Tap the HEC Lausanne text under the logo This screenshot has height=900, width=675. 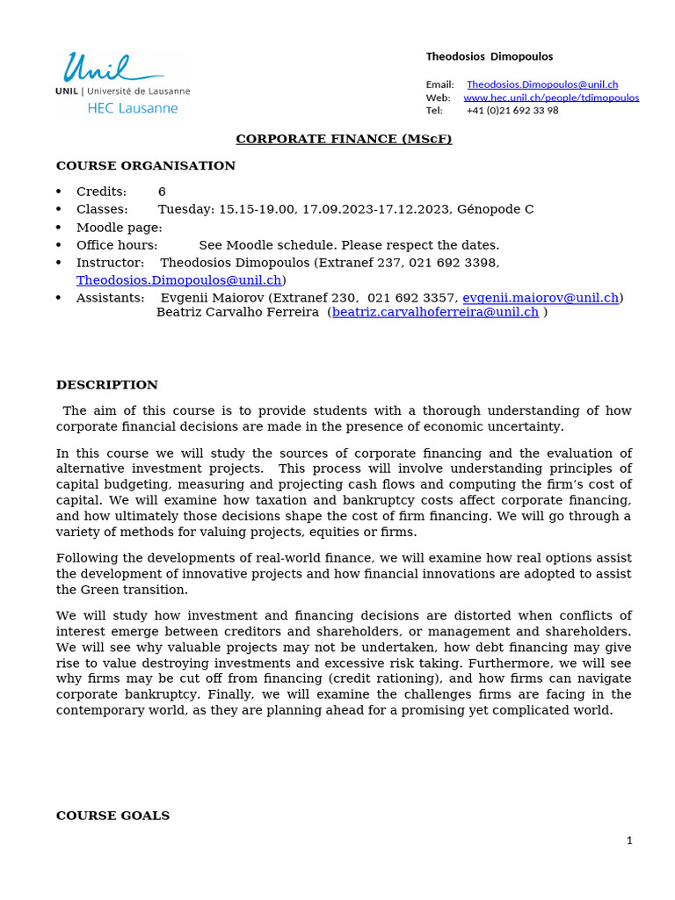pos(132,108)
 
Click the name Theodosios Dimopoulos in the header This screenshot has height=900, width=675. pos(490,56)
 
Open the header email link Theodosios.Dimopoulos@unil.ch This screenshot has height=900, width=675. pos(542,84)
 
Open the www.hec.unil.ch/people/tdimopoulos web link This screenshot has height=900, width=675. pos(551,98)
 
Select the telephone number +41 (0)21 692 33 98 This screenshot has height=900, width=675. pos(512,111)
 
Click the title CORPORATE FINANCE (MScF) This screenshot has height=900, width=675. pos(344,139)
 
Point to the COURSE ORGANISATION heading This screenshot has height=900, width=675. pos(146,165)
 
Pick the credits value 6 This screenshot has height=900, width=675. pos(162,192)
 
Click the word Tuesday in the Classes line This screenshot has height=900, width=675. pos(185,209)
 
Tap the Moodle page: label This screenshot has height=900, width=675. pos(119,228)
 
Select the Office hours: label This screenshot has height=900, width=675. pos(117,245)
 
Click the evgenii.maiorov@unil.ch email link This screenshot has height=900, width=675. pos(541,298)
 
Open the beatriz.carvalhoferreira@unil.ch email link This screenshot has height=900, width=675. pos(435,312)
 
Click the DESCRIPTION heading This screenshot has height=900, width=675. pos(107,385)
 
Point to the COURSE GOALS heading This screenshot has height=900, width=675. pos(112,816)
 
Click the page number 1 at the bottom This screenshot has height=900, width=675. pos(629,840)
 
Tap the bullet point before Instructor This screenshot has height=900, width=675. pos(59,263)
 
